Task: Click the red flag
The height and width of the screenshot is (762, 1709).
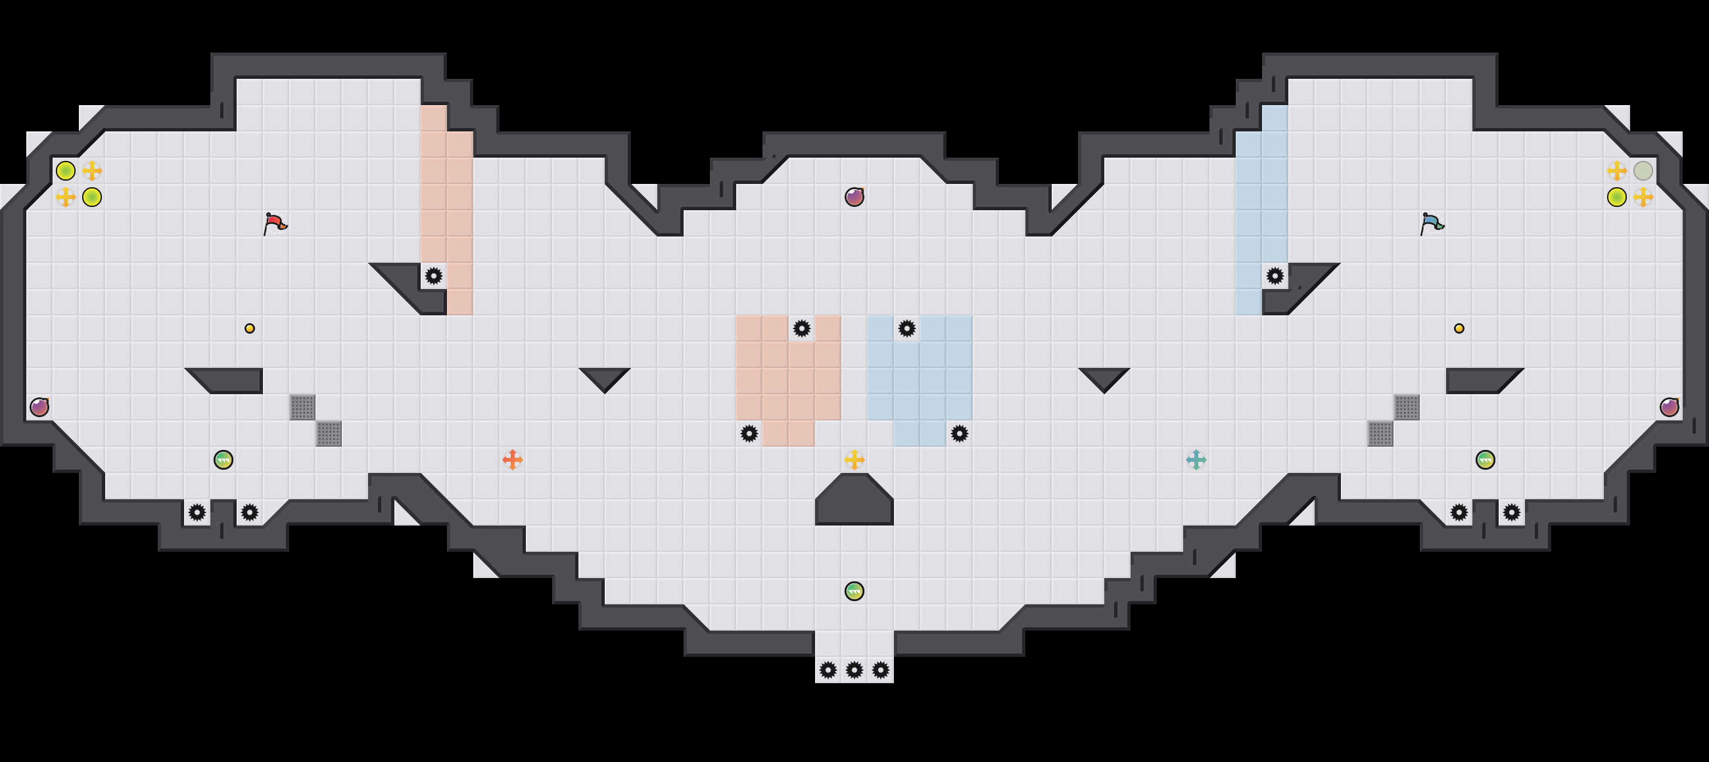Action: click(x=275, y=223)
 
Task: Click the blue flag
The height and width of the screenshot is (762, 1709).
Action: click(x=1432, y=223)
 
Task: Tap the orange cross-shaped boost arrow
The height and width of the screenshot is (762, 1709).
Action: click(x=512, y=459)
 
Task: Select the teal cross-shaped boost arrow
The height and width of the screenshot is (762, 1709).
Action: click(x=1196, y=459)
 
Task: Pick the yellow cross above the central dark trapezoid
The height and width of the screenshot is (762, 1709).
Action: click(x=854, y=459)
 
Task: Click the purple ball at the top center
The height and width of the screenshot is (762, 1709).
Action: click(x=854, y=197)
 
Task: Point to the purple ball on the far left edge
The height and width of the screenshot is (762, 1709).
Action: click(x=39, y=407)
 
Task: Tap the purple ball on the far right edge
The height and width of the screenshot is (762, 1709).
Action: click(x=1669, y=407)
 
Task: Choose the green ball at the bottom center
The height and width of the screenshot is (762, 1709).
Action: click(x=854, y=591)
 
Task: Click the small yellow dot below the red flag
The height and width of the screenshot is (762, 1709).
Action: click(x=250, y=328)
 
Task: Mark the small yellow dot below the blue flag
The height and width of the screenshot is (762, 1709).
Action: click(x=1459, y=328)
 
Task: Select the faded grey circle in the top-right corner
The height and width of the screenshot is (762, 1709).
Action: click(x=1643, y=170)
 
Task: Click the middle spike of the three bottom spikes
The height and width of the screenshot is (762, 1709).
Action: click(x=854, y=670)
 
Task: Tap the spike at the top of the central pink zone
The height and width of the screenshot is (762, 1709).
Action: click(x=801, y=328)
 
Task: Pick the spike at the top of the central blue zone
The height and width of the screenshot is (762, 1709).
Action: click(x=906, y=328)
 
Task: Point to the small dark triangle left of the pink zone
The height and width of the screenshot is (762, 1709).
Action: click(x=604, y=377)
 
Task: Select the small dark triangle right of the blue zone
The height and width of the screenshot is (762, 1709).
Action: click(x=1104, y=377)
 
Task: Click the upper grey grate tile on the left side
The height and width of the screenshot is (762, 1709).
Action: click(x=302, y=407)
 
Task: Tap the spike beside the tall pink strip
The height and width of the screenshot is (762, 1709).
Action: click(x=433, y=275)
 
